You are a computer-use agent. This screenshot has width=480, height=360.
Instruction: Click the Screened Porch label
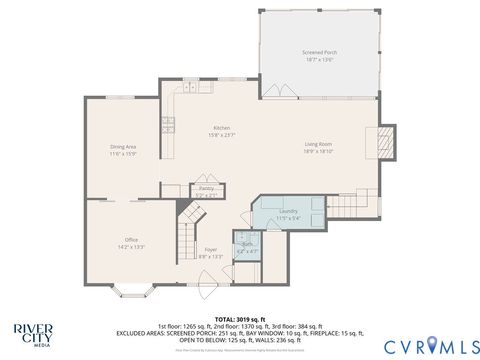coord(319,51)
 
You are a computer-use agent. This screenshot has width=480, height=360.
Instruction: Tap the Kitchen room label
coord(221,128)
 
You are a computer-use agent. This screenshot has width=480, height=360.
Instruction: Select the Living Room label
coord(318,145)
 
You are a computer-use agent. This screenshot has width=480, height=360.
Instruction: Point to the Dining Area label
coord(123,147)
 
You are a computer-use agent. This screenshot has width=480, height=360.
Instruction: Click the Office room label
coord(131,240)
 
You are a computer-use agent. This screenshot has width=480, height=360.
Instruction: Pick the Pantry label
coord(206,188)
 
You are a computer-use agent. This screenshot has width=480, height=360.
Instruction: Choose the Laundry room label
coord(289,211)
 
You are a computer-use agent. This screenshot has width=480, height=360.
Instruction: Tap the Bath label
coord(246,243)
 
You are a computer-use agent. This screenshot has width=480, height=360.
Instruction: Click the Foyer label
coord(210,249)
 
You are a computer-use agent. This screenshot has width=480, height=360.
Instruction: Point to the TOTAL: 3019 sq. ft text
coord(239,318)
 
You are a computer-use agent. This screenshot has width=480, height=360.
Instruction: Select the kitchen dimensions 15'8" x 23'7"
coord(221,135)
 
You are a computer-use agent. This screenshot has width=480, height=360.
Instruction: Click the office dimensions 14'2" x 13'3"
coord(131,246)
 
